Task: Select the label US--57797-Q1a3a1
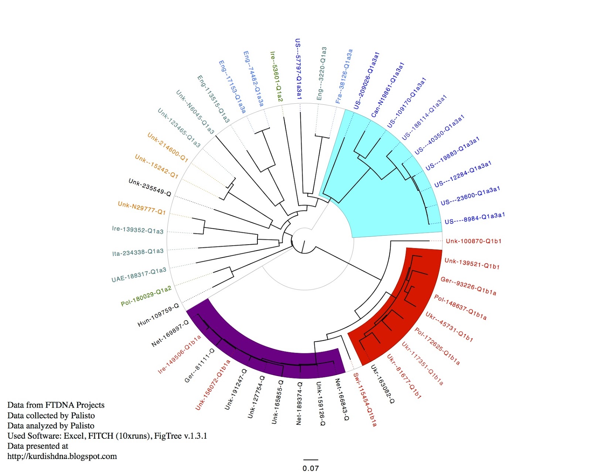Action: pos(298,69)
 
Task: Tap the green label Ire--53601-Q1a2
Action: pos(276,77)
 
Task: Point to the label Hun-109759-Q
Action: pos(158,315)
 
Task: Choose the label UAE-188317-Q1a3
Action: pos(139,275)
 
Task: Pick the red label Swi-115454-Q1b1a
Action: pos(365,400)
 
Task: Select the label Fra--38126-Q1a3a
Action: pos(344,76)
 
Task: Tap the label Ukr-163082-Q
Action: pos(383,384)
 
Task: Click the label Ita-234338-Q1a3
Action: pos(138,252)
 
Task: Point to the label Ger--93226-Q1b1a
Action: pos(468,286)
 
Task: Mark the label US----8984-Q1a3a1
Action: pos(475,218)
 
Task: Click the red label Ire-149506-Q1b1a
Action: pos(180,354)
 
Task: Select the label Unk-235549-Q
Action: pos(150,187)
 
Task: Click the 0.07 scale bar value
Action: pos(310,468)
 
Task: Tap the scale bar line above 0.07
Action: pos(311,460)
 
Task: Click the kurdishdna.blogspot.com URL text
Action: pos(62,456)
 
